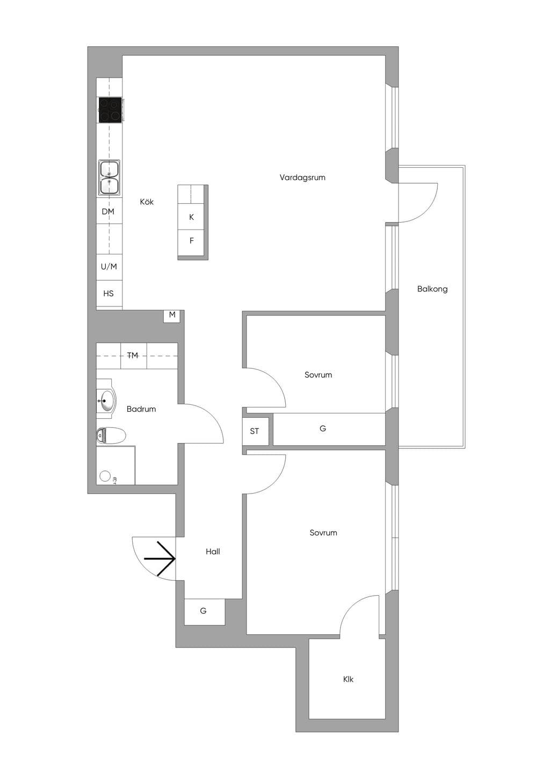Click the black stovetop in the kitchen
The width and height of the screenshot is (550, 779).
[110, 110]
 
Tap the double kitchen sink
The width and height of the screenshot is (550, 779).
[110, 178]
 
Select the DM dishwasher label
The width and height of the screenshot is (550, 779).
[108, 211]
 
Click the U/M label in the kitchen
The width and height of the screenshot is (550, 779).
[108, 267]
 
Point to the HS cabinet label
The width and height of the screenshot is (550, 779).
[108, 294]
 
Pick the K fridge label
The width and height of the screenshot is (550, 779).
[191, 217]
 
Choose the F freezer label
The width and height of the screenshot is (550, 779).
[191, 241]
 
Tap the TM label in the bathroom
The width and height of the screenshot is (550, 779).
[133, 355]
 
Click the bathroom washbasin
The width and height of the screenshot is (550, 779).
[106, 401]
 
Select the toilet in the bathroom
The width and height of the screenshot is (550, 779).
[111, 436]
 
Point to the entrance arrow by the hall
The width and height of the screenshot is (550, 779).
[160, 559]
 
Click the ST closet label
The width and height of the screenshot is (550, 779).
[255, 431]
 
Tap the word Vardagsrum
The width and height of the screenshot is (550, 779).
[302, 178]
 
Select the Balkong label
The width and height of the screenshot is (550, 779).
[432, 289]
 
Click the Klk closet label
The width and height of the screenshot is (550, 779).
[348, 679]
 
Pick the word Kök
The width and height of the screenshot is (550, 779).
[147, 202]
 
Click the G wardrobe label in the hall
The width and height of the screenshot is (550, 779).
[203, 611]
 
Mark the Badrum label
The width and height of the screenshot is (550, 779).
[141, 409]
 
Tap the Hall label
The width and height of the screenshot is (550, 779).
[213, 552]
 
